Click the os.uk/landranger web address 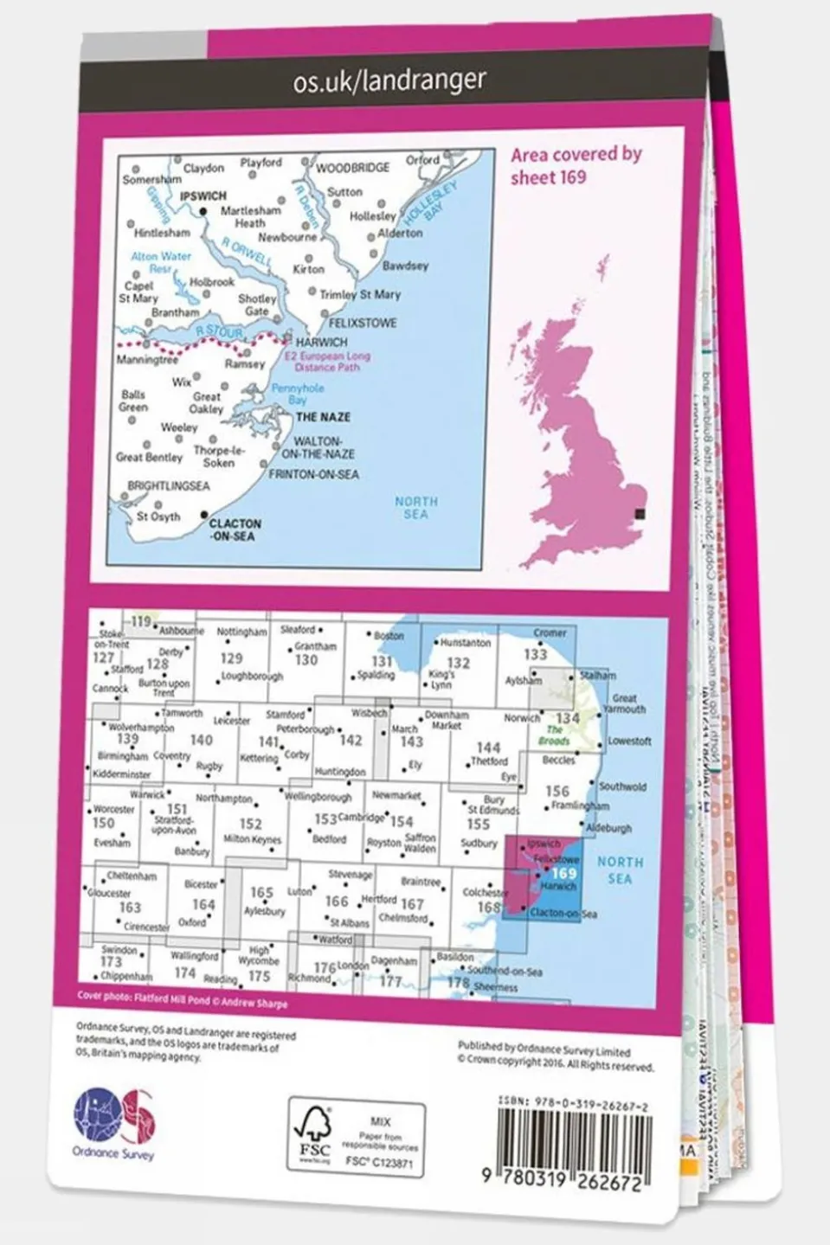(389, 81)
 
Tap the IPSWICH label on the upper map (203, 196)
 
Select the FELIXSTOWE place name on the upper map (364, 323)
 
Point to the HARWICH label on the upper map (321, 342)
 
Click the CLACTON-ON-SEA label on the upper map (234, 530)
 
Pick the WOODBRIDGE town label (352, 168)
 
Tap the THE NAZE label (323, 417)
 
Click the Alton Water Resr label (161, 262)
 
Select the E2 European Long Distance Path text (328, 362)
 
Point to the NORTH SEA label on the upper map (416, 508)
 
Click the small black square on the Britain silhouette (640, 513)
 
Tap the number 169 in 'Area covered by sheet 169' (572, 178)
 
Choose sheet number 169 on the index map (563, 874)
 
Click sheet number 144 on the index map (488, 748)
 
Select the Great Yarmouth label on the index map (624, 703)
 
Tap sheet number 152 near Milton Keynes (250, 825)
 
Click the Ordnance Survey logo (113, 1122)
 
